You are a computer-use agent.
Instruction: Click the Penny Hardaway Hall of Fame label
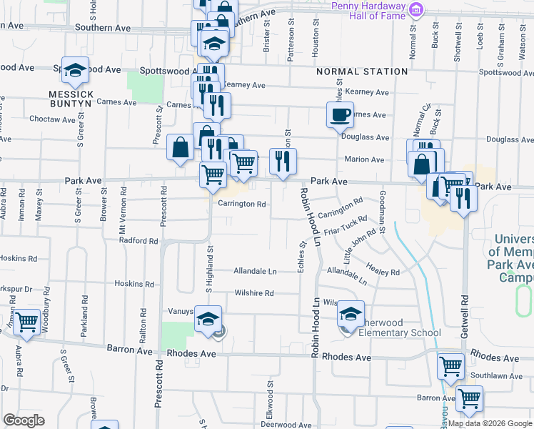(368, 11)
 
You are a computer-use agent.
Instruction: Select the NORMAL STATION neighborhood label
(362, 71)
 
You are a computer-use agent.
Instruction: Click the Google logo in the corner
(24, 420)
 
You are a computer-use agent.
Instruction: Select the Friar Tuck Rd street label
(345, 227)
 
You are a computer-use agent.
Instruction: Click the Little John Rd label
(361, 243)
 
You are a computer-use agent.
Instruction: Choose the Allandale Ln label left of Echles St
(255, 272)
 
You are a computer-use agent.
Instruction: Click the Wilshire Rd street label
(255, 293)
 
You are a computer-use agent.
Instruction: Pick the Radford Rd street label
(138, 242)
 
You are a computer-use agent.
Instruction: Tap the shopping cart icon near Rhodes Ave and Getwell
(450, 365)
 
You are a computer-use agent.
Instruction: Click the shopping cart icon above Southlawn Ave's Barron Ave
(469, 398)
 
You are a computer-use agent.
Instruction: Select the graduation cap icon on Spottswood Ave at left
(75, 70)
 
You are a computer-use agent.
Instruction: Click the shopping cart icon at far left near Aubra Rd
(26, 322)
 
